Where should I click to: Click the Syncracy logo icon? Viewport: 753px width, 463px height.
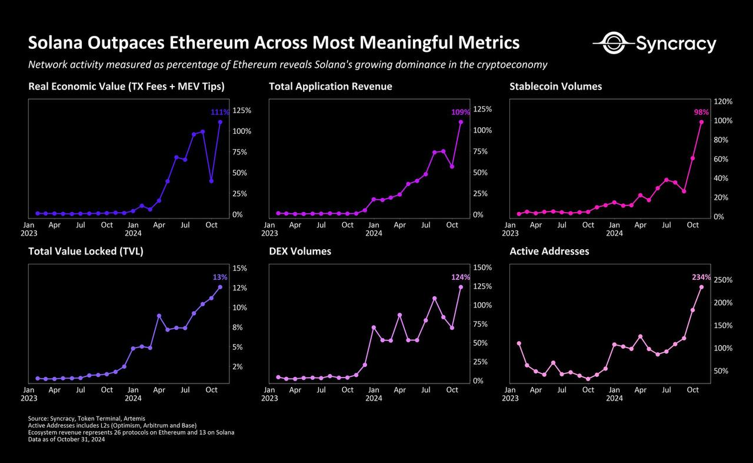click(612, 43)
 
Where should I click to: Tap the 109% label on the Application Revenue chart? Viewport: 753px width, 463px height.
click(461, 112)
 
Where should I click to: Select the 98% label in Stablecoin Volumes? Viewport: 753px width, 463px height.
click(701, 112)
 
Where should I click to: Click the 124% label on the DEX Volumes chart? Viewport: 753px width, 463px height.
click(461, 277)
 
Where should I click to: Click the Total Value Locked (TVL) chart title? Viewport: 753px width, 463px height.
click(86, 252)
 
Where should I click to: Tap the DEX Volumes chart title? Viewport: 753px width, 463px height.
click(300, 252)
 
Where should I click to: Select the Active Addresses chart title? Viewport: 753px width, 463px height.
click(549, 252)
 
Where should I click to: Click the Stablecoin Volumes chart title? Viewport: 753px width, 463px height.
click(556, 87)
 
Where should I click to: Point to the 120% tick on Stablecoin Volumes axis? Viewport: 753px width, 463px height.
click(723, 101)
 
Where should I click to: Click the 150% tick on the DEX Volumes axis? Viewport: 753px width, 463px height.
click(482, 267)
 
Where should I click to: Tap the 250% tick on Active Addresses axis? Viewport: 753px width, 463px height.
click(723, 280)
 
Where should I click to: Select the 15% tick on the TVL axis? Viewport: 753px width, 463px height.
click(240, 268)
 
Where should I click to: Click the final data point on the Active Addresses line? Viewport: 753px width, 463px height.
click(701, 287)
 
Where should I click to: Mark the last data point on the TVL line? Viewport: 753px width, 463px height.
click(220, 287)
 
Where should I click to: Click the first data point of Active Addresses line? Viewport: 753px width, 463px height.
click(518, 343)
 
